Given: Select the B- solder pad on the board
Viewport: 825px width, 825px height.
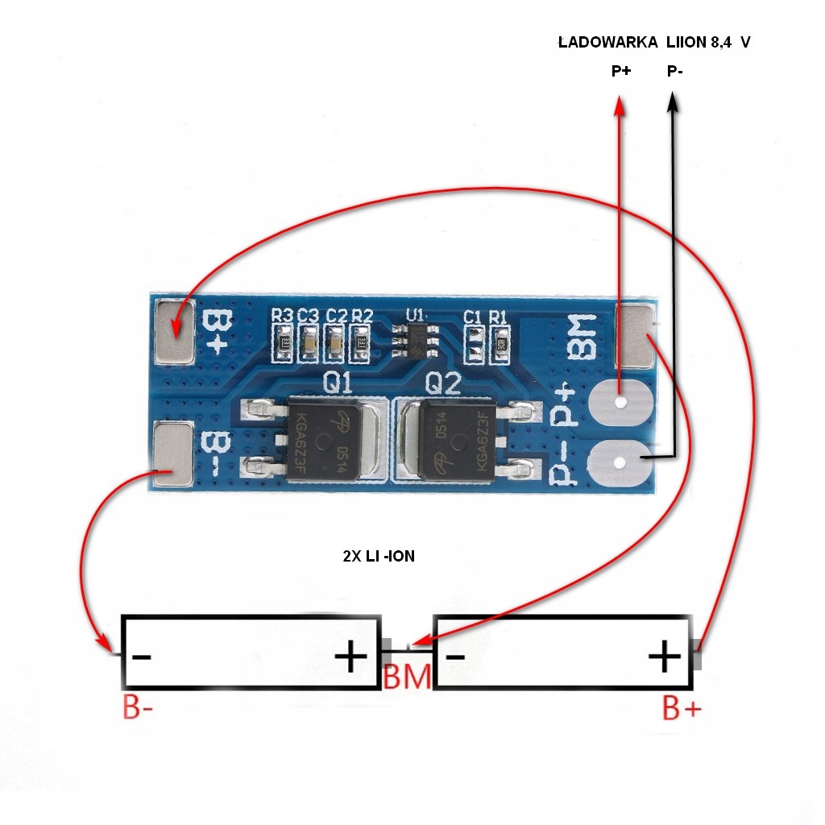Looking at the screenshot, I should [172, 455].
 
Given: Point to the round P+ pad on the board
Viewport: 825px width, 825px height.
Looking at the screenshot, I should [619, 402].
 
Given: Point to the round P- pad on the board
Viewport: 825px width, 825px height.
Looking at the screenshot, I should [619, 462].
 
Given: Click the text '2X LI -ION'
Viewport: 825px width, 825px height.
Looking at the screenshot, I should [379, 556].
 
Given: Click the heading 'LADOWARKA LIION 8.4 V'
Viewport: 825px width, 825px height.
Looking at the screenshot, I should [654, 43].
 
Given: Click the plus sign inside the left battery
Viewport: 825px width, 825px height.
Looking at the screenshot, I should [351, 657].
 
